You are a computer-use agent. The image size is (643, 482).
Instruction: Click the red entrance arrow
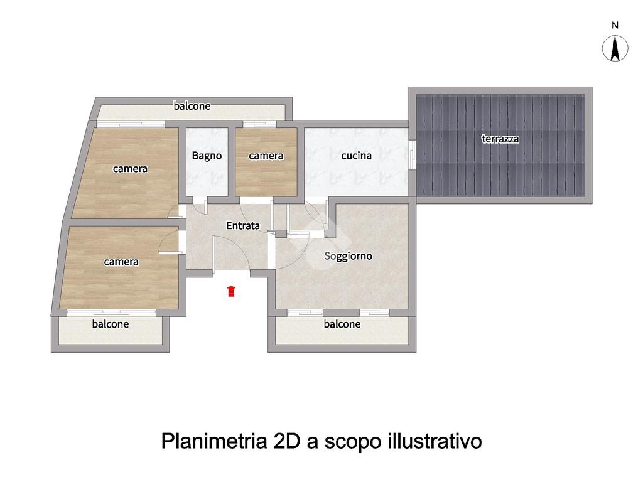coord(231,291)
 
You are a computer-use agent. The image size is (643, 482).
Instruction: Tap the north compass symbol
coord(615,48)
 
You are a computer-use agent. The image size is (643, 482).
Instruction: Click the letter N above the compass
coord(615,25)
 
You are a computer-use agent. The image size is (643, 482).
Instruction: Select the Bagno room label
coord(207,156)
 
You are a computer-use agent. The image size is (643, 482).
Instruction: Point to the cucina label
coord(357,156)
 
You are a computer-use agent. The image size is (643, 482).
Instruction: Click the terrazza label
coord(500,139)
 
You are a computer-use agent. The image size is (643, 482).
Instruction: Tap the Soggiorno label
coord(348,256)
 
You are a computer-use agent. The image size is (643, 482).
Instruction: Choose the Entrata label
coord(243,225)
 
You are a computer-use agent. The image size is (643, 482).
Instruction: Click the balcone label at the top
coord(192,105)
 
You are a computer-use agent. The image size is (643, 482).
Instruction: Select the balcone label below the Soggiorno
coord(342,324)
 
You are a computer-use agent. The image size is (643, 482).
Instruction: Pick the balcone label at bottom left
coord(111,324)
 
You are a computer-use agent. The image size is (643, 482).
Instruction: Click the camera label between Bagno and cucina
coord(266,156)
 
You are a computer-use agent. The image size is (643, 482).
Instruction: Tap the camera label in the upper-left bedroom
coord(130,168)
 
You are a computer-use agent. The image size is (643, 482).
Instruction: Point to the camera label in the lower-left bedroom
coord(121,262)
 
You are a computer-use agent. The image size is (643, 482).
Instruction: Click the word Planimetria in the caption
coord(213,441)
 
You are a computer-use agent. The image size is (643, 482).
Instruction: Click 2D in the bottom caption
coord(286,441)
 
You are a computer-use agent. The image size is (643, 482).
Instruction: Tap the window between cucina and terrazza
coord(413,156)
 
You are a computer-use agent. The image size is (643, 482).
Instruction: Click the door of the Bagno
coord(200,205)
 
